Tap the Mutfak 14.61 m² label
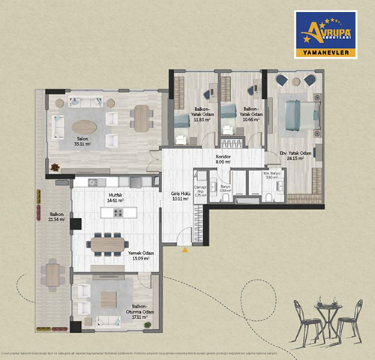[114, 199]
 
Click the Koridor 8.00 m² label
[223, 160]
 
